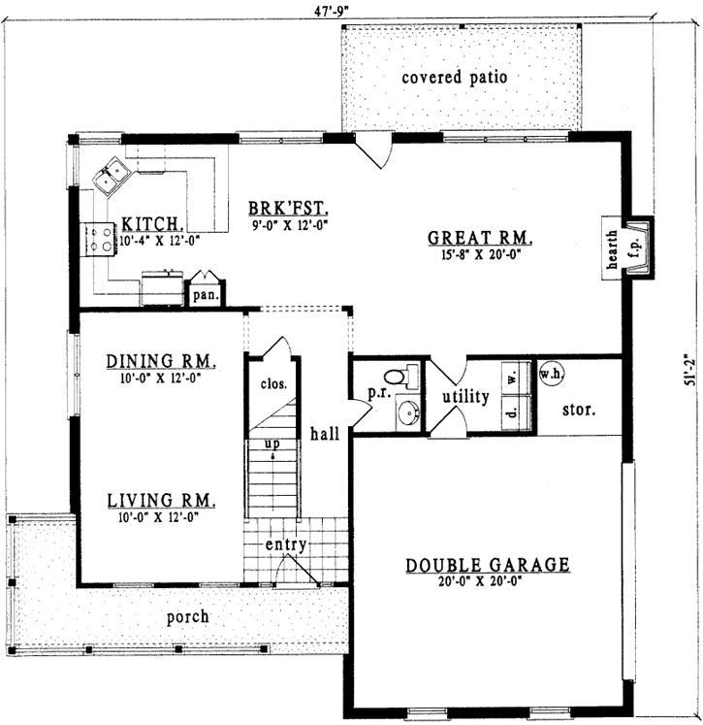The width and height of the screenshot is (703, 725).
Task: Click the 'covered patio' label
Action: coord(454,78)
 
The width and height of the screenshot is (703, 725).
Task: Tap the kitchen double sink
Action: coord(112,176)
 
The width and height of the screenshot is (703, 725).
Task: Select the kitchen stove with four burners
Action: coord(99,239)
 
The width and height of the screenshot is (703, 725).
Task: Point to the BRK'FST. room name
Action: coord(288,208)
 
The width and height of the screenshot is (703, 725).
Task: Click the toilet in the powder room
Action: coord(399,377)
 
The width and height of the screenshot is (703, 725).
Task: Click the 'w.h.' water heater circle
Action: coord(550,374)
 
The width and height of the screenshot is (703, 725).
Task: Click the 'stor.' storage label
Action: coord(579,409)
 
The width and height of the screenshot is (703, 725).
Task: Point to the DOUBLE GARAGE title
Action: coord(487,565)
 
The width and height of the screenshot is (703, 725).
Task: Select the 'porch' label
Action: coord(187,616)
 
